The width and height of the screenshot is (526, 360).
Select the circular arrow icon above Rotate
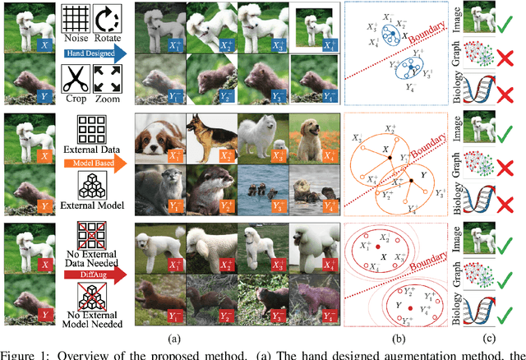point(106,19)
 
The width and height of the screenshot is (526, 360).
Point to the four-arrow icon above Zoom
point(106,76)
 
